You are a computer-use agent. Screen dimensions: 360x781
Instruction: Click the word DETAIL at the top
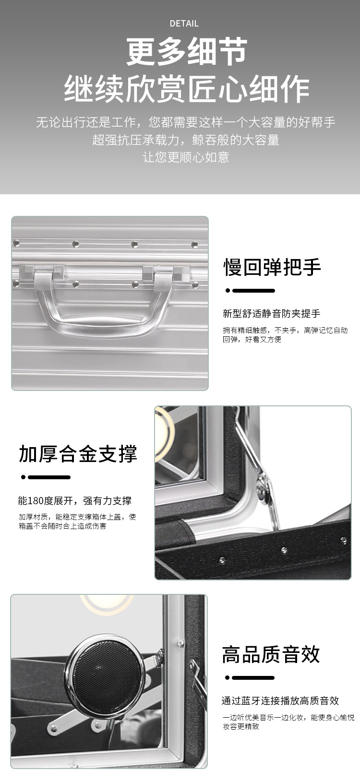pos(184,24)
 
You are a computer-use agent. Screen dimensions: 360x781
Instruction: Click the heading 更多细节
pos(187,51)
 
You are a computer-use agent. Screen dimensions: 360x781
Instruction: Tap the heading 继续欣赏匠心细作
pos(187,89)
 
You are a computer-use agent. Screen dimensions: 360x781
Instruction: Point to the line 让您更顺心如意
pos(186,157)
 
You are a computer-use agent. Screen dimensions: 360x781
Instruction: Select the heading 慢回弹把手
pos(272,267)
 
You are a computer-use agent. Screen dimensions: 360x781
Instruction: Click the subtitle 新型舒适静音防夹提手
pos(271,313)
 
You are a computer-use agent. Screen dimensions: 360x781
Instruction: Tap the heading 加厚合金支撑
pos(78,454)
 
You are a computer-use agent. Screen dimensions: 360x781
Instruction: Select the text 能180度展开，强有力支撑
pos(75,501)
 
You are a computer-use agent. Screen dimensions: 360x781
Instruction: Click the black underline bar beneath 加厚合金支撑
pos(49,477)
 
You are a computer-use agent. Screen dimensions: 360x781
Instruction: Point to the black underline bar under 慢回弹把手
pos(253,290)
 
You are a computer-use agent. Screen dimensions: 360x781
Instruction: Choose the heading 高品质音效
pos(271,654)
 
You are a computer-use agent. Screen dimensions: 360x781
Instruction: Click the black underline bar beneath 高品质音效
pos(253,678)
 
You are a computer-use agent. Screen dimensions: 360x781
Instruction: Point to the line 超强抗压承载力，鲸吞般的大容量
pos(186,140)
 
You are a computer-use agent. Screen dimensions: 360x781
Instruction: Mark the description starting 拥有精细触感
pos(285,335)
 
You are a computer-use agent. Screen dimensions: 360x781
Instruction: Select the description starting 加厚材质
pos(77,521)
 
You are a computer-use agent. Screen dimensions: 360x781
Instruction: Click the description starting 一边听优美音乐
pos(288,722)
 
